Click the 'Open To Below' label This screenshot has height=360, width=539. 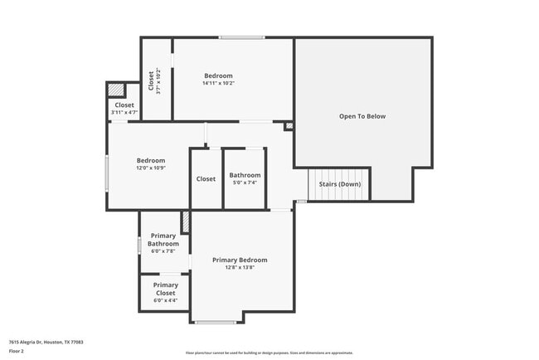(362, 116)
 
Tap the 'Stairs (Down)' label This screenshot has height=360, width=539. (339, 183)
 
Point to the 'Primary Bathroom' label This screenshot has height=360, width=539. (163, 240)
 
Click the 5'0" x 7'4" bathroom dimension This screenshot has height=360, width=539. (245, 183)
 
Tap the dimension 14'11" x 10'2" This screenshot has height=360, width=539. (218, 83)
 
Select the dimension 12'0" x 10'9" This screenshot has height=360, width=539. (151, 168)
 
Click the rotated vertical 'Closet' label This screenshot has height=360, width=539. (151, 80)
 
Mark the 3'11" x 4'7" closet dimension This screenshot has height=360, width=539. (124, 113)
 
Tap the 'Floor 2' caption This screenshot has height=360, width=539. (17, 351)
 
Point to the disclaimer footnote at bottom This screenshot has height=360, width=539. (269, 353)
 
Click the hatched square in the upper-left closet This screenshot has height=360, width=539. (117, 90)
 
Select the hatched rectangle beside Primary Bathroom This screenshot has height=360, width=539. (186, 221)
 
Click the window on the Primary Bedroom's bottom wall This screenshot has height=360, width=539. (216, 322)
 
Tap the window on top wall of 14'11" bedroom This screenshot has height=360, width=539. (242, 37)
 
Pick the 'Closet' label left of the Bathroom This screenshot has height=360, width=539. (206, 179)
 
